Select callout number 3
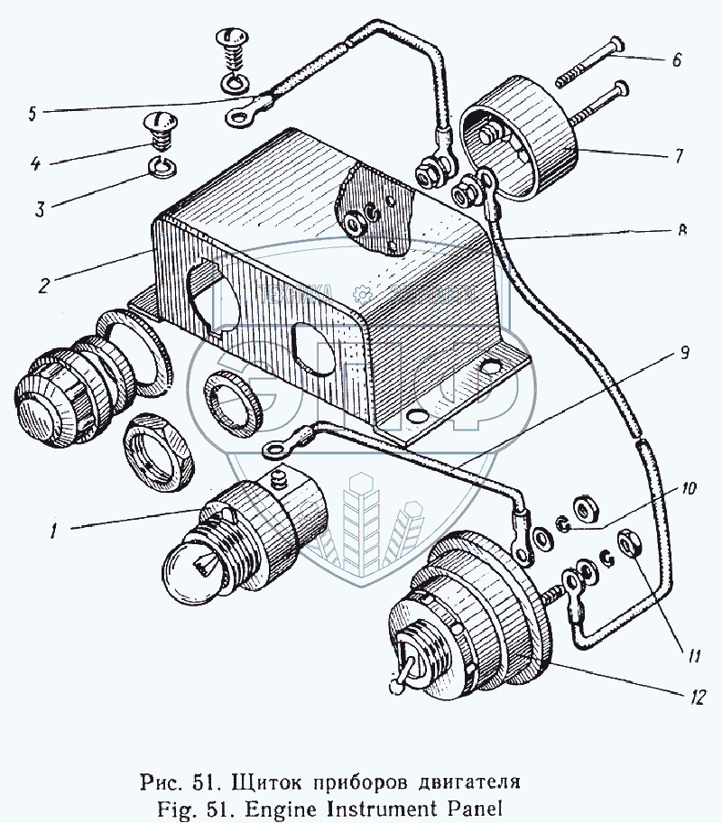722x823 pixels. (x=40, y=211)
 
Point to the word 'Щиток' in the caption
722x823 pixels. (x=268, y=778)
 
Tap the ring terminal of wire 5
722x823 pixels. (x=240, y=114)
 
